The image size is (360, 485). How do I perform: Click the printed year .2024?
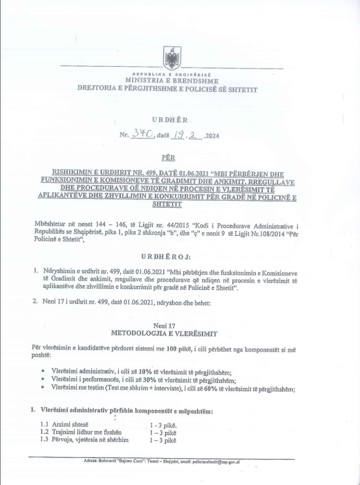(x=211, y=137)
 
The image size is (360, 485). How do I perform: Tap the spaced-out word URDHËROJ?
(x=169, y=256)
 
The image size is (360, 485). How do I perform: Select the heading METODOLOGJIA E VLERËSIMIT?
(x=164, y=333)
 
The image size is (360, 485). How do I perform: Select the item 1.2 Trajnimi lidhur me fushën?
(x=81, y=432)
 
